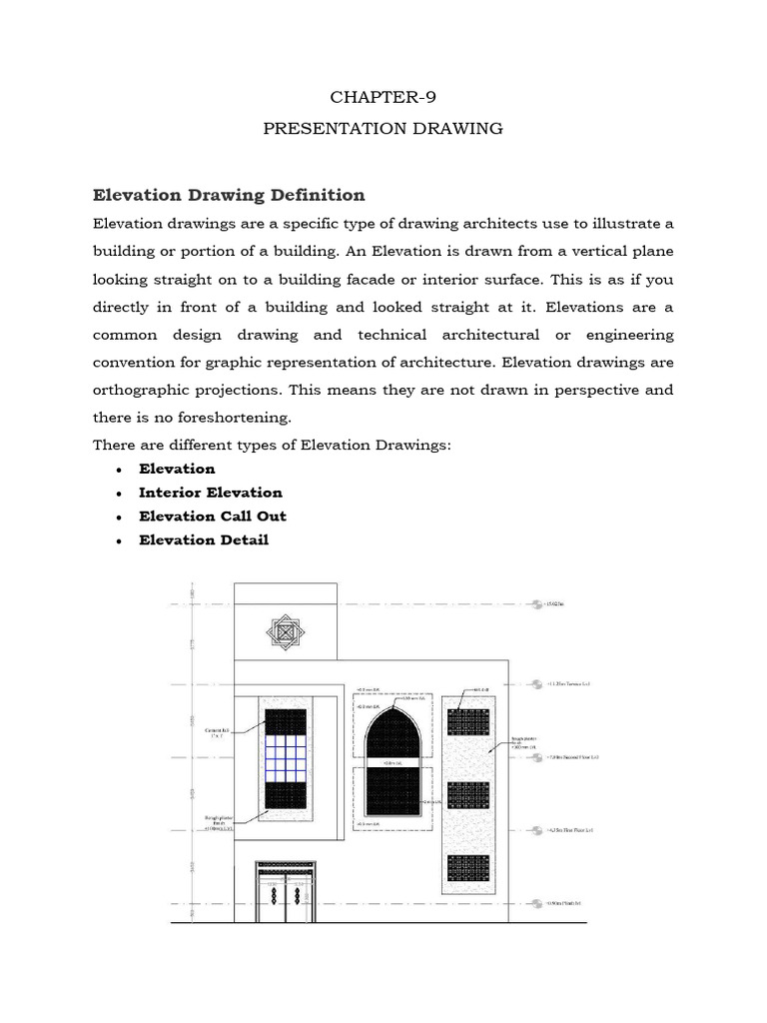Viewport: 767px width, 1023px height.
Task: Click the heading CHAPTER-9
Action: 383,97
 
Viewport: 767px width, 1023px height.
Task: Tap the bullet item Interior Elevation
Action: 211,493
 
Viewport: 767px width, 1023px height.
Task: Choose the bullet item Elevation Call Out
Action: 213,516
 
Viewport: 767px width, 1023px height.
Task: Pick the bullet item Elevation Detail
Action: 204,540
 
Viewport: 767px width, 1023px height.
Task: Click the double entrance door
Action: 283,890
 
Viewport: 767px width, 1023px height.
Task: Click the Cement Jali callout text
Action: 218,732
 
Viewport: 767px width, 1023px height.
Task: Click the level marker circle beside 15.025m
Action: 536,603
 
